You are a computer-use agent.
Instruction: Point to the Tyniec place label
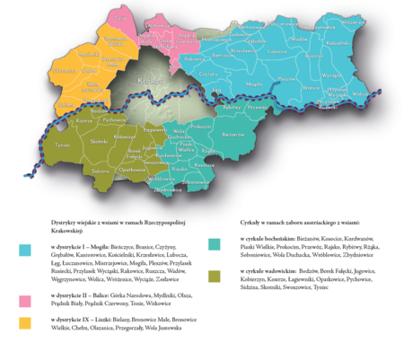pos(62,144)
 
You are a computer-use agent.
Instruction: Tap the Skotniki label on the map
pos(99,142)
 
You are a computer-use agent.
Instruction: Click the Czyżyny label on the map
pos(209,75)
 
